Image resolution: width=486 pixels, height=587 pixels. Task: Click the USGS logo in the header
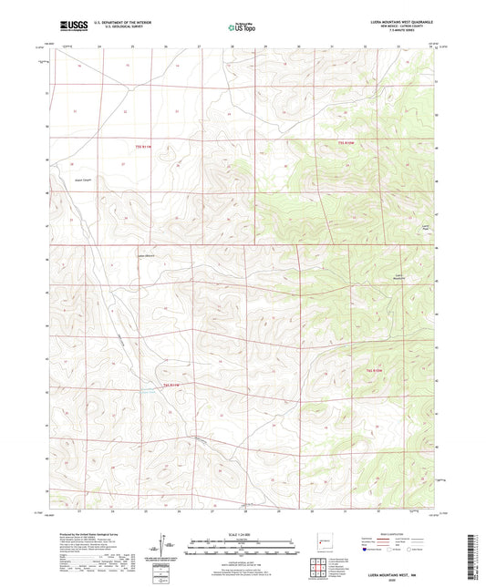[x=69, y=26]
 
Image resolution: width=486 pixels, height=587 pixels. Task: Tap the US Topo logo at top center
[x=242, y=28]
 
